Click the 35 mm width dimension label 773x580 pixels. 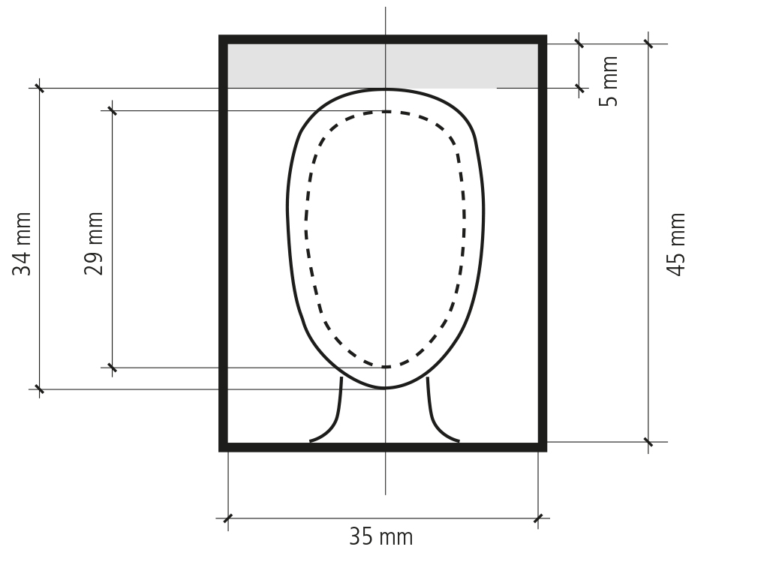click(380, 537)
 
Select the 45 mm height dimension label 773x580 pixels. click(677, 245)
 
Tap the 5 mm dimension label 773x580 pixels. click(611, 81)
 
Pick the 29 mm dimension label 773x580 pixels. click(94, 245)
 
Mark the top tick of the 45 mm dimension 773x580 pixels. click(649, 44)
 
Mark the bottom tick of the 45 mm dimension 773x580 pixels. click(649, 441)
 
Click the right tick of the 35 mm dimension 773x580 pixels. click(538, 518)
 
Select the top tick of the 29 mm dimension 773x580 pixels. click(112, 110)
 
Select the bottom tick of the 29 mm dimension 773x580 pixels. click(112, 368)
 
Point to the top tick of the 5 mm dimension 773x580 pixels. click(579, 44)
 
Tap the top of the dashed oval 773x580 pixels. click(385, 112)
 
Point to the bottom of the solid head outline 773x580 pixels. click(385, 388)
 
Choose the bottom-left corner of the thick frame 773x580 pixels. click(224, 446)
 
